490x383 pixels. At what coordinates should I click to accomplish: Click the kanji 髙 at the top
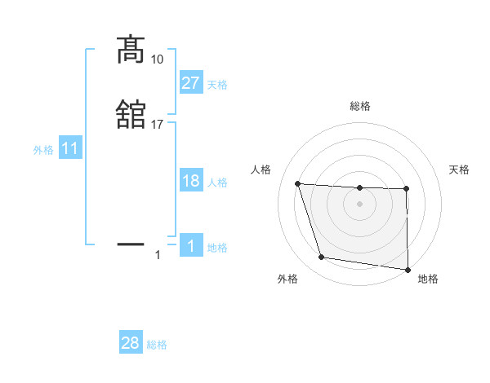click(131, 51)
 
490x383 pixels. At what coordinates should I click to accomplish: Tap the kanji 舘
click(131, 115)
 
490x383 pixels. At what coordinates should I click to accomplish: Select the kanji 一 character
click(131, 243)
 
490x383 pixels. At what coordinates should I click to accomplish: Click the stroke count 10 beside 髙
click(157, 59)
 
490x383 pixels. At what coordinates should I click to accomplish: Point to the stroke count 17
click(157, 124)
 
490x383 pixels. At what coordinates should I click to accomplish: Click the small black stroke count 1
click(157, 255)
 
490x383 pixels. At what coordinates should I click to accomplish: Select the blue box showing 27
click(190, 83)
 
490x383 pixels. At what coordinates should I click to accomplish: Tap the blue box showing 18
click(190, 181)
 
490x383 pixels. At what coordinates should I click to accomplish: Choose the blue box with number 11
click(69, 149)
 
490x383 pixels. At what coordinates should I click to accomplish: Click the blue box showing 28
click(131, 343)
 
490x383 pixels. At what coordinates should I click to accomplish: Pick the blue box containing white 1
click(190, 246)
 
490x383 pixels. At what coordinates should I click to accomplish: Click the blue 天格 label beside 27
click(217, 85)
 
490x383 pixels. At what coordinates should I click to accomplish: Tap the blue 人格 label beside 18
click(217, 183)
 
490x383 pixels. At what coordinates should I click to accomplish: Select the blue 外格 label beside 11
click(43, 150)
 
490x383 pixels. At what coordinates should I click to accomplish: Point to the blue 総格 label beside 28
click(157, 345)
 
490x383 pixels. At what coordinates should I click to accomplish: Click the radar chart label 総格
click(359, 106)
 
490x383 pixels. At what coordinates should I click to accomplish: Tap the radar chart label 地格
click(428, 280)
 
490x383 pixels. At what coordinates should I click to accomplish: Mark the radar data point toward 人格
click(298, 184)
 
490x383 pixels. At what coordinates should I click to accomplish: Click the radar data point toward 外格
click(322, 258)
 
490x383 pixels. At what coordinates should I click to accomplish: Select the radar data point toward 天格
click(407, 189)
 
